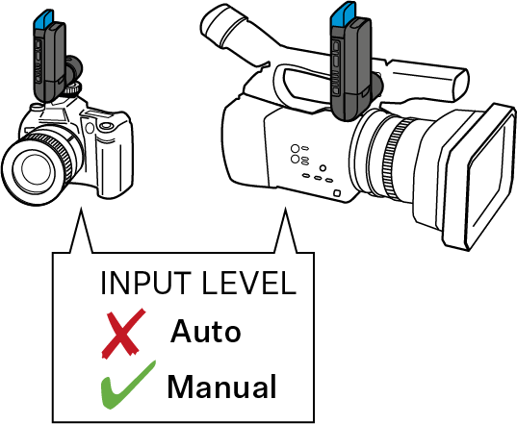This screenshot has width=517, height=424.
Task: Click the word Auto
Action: tap(205, 332)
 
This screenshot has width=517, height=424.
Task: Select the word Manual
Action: tap(221, 387)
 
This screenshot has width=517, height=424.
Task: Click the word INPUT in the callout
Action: tap(145, 283)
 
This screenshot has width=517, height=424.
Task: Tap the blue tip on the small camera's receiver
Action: tap(42, 20)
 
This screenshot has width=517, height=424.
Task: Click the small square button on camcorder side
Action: tap(337, 192)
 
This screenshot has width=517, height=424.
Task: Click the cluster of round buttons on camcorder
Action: tap(299, 154)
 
